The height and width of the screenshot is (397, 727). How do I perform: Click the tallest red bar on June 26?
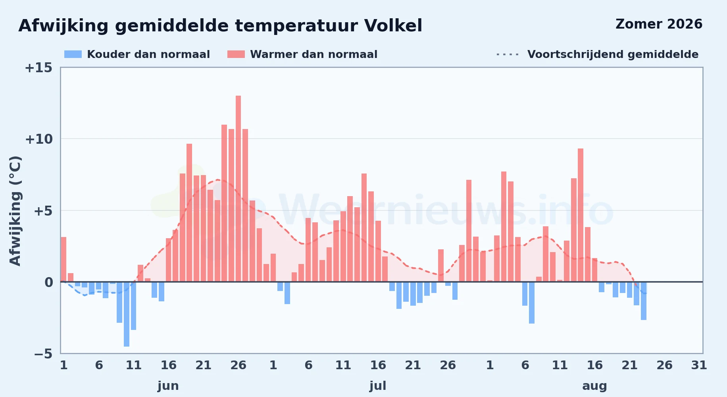[238, 189]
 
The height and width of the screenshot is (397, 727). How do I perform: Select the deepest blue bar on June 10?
[127, 314]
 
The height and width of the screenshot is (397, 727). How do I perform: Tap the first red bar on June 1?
[63, 259]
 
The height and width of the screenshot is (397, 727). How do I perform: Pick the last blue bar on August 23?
[644, 301]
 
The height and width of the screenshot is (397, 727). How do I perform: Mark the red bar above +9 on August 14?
[581, 215]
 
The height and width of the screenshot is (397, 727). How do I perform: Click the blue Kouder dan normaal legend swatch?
[73, 54]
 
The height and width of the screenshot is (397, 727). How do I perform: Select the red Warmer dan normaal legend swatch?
[236, 54]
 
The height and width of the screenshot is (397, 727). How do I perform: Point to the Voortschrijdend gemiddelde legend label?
[613, 54]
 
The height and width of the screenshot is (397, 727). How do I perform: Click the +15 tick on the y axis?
[38, 68]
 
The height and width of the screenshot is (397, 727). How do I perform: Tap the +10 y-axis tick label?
[38, 139]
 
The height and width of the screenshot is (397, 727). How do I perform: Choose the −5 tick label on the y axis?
[43, 354]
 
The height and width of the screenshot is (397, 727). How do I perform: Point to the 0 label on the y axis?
[48, 282]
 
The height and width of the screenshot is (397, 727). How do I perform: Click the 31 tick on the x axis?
[699, 365]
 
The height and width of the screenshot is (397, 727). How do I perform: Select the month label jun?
[168, 386]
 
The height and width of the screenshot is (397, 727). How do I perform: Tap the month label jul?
[378, 386]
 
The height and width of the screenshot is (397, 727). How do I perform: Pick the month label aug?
[594, 386]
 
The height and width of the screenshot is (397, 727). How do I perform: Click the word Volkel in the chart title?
[393, 26]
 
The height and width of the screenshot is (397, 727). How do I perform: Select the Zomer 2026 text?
[659, 24]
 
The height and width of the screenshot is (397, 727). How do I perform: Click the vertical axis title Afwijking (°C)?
[15, 211]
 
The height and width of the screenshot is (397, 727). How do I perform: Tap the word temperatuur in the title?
[296, 26]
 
